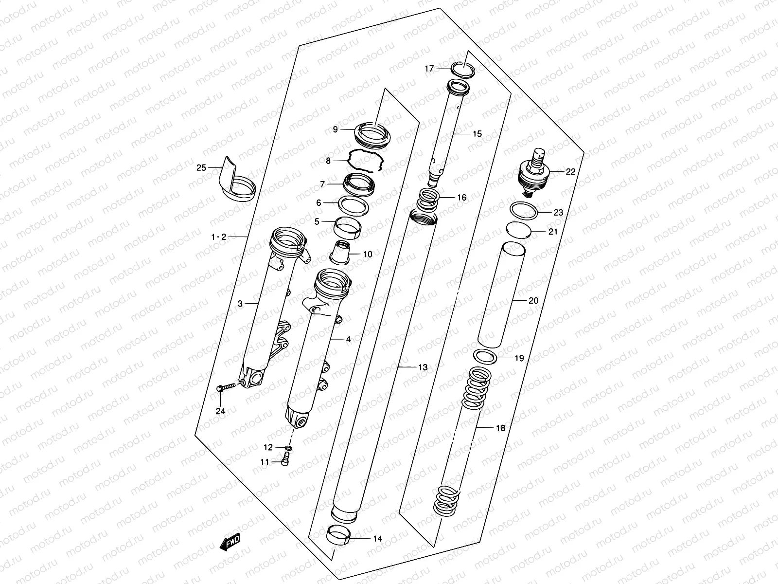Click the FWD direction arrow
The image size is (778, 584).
click(229, 542)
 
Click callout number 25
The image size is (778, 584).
click(201, 168)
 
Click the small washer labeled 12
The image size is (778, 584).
click(288, 447)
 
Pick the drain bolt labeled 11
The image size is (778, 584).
click(286, 458)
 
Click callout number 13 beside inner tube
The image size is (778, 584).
click(423, 367)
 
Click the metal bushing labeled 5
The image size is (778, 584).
click(347, 225)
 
